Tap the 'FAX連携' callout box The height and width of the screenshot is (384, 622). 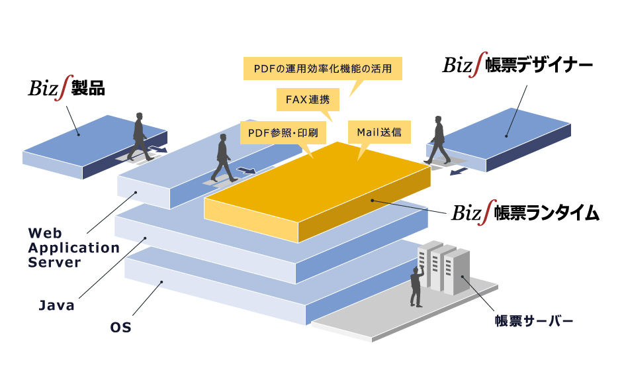pos(307,101)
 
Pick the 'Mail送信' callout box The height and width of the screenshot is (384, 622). pos(379,132)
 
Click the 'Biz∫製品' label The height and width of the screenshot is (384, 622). pos(66,88)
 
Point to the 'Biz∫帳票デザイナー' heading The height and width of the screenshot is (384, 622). pos(517,66)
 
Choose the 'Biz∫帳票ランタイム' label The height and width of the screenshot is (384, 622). pos(526,213)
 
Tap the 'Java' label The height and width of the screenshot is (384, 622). pos(56,306)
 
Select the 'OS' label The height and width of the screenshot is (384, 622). pos(121,327)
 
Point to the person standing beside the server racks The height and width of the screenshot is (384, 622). pos(416,286)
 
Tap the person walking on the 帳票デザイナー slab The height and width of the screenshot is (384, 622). pos(437,139)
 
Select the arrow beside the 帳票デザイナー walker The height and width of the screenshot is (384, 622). pos(457,172)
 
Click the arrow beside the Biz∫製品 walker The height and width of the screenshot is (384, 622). pos(158,150)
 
